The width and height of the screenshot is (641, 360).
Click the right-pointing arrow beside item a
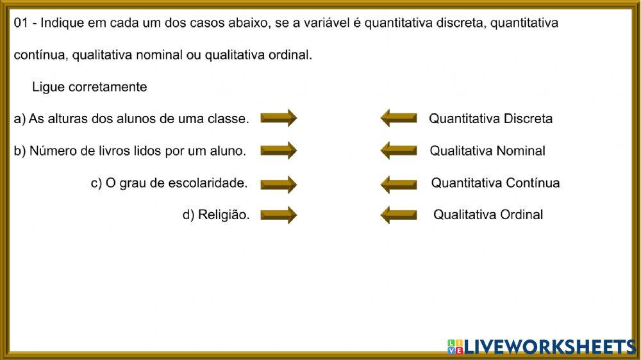coord(278,118)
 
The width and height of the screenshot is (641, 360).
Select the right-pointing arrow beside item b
coord(278,151)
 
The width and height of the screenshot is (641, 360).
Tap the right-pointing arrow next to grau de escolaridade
coord(278,184)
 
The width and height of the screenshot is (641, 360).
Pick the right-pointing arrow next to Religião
coord(278,215)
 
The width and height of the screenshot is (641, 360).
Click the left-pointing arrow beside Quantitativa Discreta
coord(399,118)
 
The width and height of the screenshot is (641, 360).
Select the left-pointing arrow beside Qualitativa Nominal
coord(399,151)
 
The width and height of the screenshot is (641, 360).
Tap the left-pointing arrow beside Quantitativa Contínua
coord(399,184)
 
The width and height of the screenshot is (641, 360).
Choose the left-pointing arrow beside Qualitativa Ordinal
coord(399,215)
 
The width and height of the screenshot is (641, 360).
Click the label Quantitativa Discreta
coord(490,119)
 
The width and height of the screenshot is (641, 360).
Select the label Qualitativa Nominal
coord(487,151)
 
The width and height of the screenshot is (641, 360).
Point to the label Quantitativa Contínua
coord(495,183)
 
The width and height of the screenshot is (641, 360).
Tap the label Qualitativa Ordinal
coord(488,215)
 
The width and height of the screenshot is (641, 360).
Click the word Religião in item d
coord(224,215)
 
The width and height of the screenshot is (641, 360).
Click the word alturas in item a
coord(67,119)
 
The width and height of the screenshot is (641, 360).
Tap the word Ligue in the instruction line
coord(47,87)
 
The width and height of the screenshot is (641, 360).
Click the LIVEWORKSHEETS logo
coord(542,347)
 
